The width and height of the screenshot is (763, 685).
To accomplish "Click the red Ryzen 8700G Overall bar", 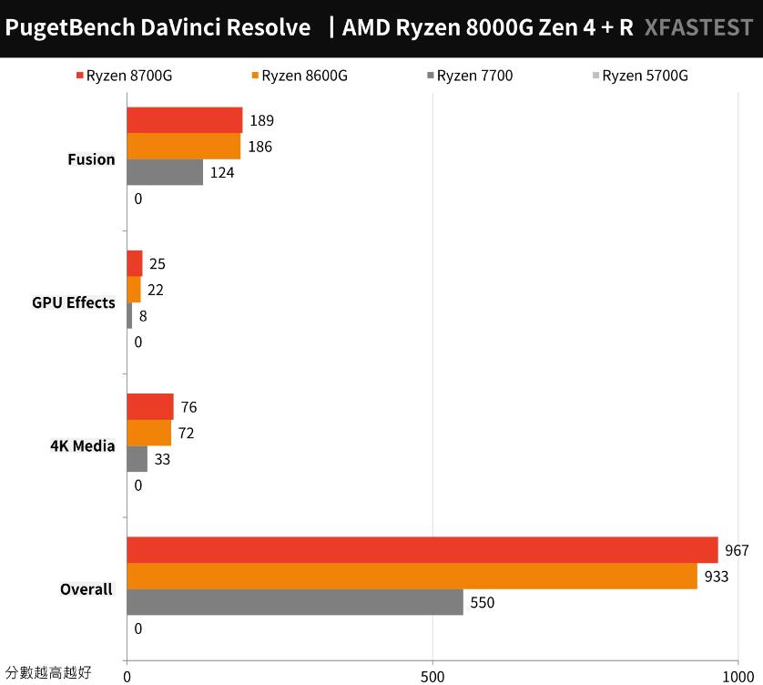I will pyautogui.click(x=422, y=550).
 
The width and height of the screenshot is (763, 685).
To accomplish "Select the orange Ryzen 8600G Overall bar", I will pyautogui.click(x=412, y=577).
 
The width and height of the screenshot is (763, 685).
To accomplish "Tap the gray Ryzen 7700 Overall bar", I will pyautogui.click(x=294, y=602).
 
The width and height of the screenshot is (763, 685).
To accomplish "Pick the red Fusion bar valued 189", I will pyautogui.click(x=185, y=120).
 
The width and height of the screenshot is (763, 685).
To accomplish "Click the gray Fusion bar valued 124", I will pyautogui.click(x=165, y=172).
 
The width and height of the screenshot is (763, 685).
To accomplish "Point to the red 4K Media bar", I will pyautogui.click(x=150, y=407).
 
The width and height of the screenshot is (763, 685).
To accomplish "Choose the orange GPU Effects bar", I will pyautogui.click(x=134, y=290).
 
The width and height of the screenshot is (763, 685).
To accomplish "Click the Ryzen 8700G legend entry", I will pyautogui.click(x=123, y=76).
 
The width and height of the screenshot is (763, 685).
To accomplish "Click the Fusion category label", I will pyautogui.click(x=91, y=159).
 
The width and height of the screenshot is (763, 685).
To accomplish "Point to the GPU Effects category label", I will pyautogui.click(x=74, y=302).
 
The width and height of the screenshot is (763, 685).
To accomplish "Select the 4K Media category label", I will pyautogui.click(x=83, y=445).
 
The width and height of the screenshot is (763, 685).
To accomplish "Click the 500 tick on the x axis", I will pyautogui.click(x=432, y=676).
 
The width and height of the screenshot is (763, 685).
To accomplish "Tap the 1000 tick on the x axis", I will pyautogui.click(x=738, y=676).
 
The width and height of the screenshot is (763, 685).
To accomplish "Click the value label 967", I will pyautogui.click(x=737, y=551).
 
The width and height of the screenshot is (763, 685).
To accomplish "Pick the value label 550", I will pyautogui.click(x=482, y=602).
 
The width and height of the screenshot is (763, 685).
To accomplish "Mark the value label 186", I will pyautogui.click(x=259, y=147).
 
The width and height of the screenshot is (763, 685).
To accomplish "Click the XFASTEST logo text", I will pyautogui.click(x=698, y=27).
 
